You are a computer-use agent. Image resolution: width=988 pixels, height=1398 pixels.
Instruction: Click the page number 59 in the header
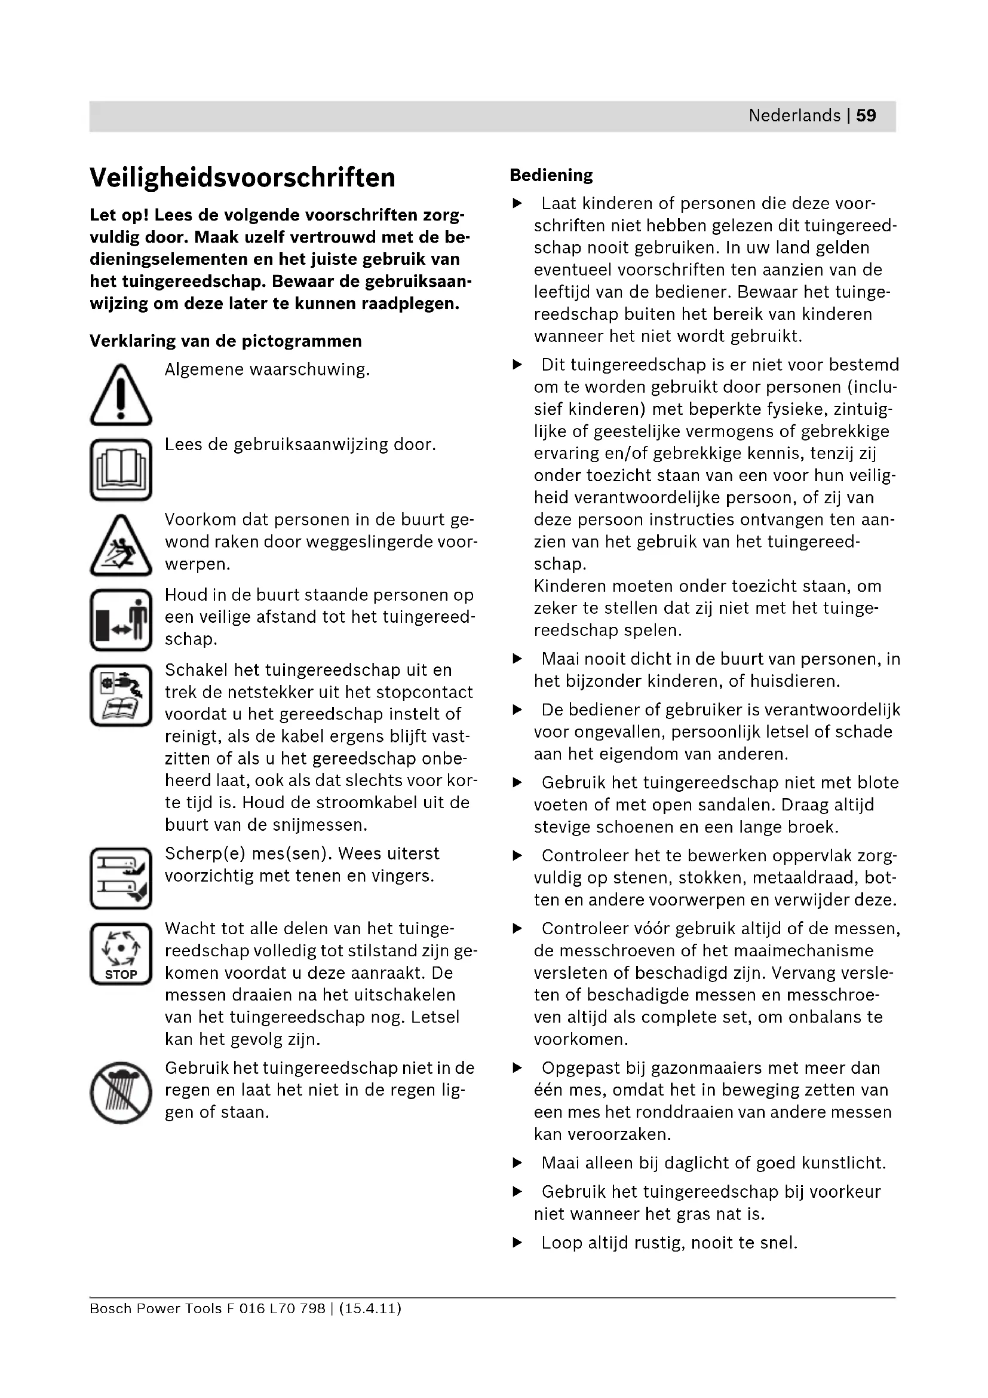866,116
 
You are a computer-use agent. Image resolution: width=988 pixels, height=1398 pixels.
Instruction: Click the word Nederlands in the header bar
794,116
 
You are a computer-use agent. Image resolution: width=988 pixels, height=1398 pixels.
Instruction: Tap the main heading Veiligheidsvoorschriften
242,178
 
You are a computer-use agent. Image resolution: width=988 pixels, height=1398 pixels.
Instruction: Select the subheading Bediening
551,175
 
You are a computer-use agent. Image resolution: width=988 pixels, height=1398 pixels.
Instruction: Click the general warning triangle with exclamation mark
121,395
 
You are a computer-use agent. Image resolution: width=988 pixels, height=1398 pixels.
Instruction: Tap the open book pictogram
121,469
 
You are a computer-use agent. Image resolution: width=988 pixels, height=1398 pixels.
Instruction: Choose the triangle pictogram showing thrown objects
121,546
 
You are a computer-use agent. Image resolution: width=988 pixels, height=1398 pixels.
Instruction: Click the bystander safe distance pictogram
121,620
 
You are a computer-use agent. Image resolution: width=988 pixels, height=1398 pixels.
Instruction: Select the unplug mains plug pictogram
121,695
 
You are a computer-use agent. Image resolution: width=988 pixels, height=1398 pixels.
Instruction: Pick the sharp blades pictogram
121,878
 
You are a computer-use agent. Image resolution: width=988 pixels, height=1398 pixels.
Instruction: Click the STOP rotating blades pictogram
121,953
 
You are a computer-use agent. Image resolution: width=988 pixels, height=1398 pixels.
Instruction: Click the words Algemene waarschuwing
267,369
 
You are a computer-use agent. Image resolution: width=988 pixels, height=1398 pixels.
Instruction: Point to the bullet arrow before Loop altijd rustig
517,1243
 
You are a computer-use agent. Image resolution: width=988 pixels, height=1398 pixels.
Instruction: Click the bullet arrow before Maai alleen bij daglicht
517,1163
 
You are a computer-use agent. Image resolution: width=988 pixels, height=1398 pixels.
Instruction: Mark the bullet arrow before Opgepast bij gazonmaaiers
517,1068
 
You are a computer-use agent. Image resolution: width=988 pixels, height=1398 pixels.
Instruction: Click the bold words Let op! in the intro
119,215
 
